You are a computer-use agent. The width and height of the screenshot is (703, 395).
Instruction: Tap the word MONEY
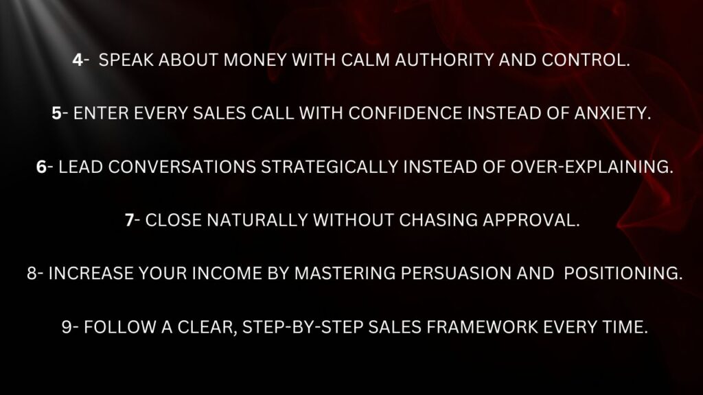point(255,60)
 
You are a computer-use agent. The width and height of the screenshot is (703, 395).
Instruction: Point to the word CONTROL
point(586,60)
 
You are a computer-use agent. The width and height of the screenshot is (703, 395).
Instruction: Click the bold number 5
point(56,113)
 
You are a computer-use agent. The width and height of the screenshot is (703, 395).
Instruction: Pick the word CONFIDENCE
point(405,113)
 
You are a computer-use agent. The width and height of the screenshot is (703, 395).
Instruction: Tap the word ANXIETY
point(612,113)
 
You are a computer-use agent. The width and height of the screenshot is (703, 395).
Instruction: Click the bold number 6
point(41,167)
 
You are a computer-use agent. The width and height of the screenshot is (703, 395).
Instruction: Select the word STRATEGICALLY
point(330,167)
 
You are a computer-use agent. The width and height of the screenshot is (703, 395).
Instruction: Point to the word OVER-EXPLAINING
point(592,167)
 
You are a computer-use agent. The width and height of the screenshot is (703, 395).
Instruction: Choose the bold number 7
point(129,220)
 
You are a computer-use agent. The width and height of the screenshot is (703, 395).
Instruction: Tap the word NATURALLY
point(257,220)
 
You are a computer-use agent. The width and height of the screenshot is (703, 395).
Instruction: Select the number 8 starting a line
point(32,273)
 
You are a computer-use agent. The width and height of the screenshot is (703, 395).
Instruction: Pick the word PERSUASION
point(456,273)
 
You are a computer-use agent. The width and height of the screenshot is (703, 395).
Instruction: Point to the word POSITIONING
point(623,273)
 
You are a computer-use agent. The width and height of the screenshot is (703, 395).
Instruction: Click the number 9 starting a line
point(67,327)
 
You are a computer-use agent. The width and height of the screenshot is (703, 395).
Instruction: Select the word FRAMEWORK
point(482,327)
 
